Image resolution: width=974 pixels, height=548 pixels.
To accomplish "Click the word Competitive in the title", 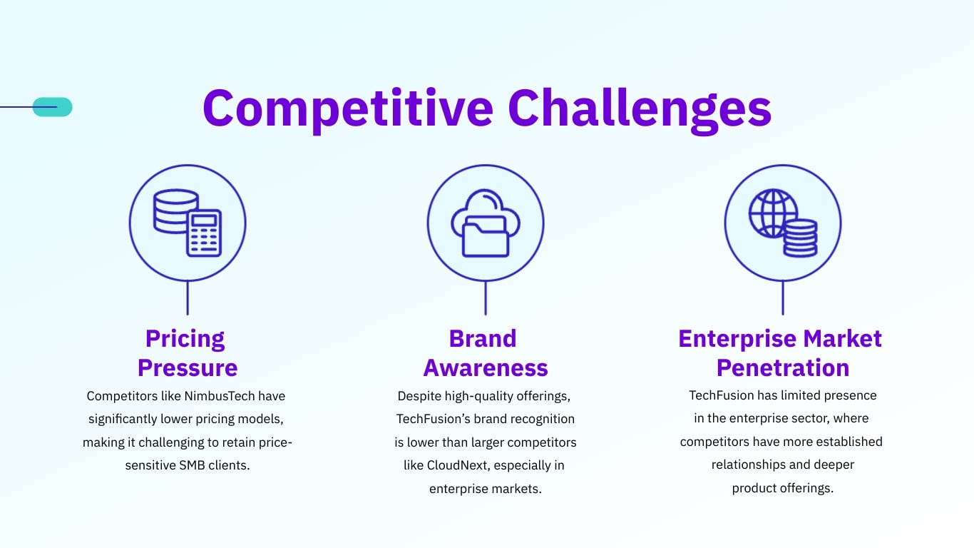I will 348,108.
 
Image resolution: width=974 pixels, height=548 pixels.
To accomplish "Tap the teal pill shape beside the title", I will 53,107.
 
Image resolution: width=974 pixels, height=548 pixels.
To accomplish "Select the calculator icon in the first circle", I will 204,233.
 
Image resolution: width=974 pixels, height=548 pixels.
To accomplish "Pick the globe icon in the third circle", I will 772,213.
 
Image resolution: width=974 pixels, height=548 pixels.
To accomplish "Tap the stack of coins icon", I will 799,238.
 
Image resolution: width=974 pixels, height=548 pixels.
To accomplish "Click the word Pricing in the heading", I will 185,338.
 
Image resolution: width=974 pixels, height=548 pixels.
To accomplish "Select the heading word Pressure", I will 188,368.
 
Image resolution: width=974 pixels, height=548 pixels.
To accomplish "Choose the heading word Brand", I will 483,338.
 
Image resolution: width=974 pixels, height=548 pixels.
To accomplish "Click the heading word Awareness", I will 486,368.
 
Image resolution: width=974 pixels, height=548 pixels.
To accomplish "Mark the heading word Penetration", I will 783,368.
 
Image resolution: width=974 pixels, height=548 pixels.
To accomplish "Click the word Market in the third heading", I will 843,338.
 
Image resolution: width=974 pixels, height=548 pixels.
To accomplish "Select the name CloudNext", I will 456,465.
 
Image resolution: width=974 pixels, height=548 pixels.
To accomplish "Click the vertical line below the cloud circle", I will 486,298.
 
